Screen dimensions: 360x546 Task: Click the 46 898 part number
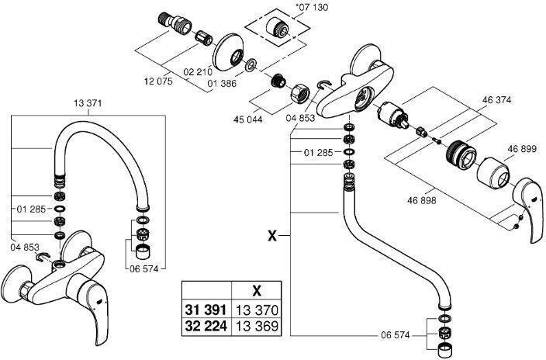422,199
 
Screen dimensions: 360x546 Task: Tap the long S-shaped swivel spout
388,248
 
